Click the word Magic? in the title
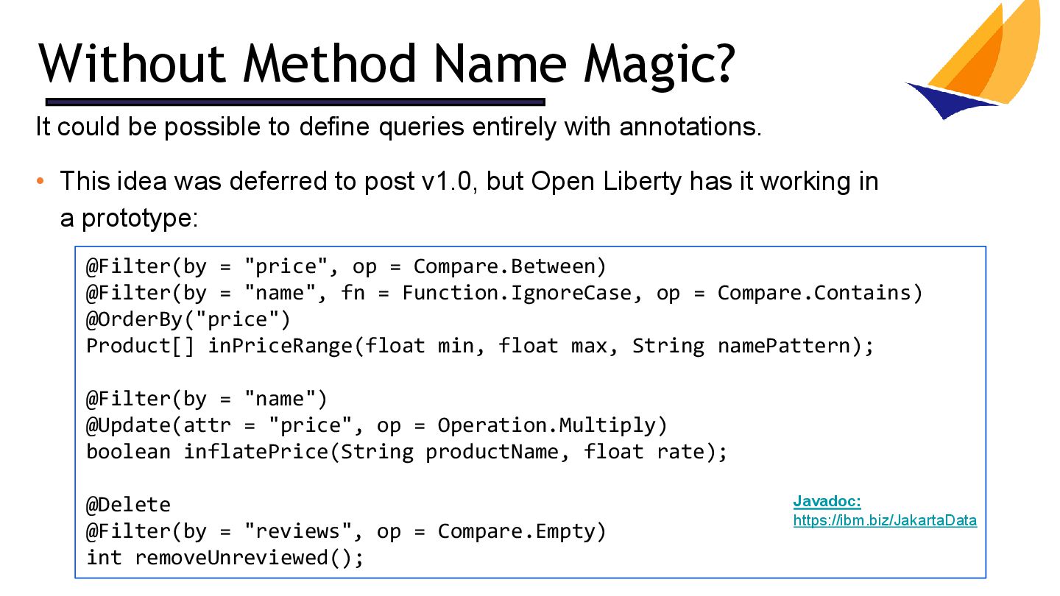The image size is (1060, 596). click(659, 63)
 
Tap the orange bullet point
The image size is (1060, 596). click(41, 181)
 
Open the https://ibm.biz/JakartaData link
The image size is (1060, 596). click(885, 520)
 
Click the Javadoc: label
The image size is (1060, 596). click(827, 502)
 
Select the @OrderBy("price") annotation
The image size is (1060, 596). click(188, 319)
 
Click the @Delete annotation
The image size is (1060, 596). click(128, 505)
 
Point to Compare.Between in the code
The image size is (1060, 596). click(509, 266)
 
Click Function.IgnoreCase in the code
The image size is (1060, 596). click(517, 293)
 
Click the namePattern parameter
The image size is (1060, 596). click(784, 346)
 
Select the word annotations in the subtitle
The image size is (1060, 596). click(689, 127)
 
